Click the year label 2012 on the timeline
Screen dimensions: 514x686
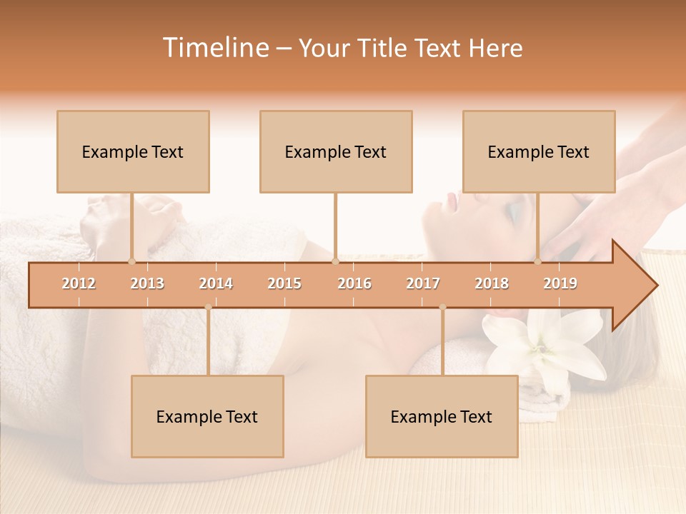pos(79,283)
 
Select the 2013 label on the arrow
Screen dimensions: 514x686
pos(147,283)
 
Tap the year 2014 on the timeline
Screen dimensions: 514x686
pos(216,283)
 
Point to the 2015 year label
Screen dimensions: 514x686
pos(284,283)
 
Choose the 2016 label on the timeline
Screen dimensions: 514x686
pos(354,283)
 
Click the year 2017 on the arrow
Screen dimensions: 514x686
pos(423,283)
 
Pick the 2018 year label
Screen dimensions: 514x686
pos(492,283)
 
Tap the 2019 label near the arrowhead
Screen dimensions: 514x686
pos(560,283)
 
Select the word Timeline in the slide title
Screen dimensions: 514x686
pos(214,48)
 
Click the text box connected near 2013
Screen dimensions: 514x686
pos(133,151)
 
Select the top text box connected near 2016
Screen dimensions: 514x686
pos(336,151)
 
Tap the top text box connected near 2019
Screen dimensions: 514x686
pos(539,151)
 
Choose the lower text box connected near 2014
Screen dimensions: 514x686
pos(207,416)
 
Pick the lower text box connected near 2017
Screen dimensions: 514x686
pos(442,416)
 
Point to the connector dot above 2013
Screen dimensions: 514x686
pos(131,261)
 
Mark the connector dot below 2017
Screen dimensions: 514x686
pos(442,307)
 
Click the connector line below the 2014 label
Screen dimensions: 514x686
pos(208,343)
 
